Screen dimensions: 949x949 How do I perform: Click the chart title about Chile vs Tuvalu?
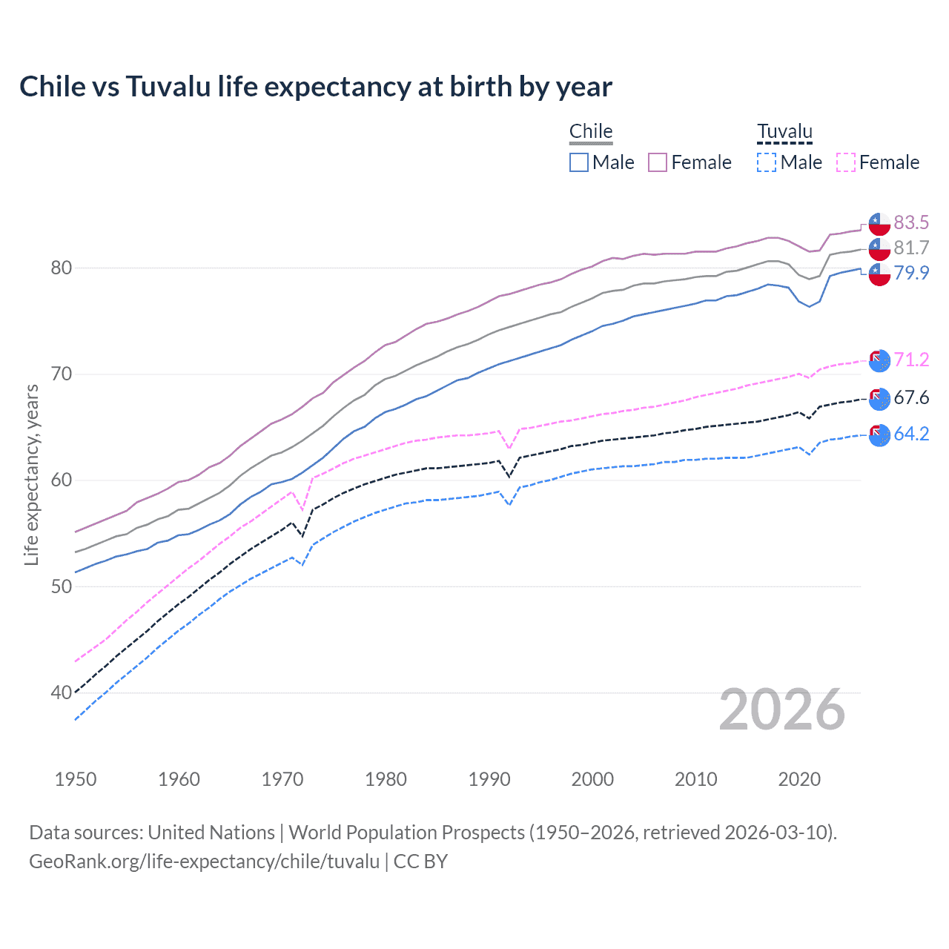click(316, 87)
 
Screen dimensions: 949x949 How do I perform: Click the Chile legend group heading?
click(591, 131)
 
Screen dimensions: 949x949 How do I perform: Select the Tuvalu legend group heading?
click(784, 131)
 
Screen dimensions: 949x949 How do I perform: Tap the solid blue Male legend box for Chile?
click(579, 162)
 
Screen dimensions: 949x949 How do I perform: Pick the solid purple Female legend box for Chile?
click(658, 162)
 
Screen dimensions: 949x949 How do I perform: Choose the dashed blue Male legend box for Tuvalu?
click(767, 162)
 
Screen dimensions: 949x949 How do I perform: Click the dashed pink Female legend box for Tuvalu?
click(846, 162)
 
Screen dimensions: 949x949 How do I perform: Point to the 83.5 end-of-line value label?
click(911, 222)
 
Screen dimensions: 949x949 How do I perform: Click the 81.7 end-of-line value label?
click(911, 248)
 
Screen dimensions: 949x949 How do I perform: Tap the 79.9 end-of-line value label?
click(911, 273)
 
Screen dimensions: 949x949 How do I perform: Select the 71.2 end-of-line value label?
click(911, 360)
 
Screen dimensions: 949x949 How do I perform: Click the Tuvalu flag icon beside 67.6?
click(879, 398)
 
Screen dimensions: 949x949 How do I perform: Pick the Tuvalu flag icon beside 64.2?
click(879, 434)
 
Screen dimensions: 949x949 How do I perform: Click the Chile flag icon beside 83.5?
click(879, 223)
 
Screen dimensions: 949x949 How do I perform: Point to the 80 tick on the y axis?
click(62, 268)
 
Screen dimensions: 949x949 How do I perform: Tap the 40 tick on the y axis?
click(62, 692)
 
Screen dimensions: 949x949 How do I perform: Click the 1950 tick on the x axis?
click(76, 779)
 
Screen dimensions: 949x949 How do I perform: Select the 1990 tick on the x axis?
click(489, 779)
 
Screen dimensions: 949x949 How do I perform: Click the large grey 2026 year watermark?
click(782, 710)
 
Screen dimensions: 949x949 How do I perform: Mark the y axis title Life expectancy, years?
click(31, 474)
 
